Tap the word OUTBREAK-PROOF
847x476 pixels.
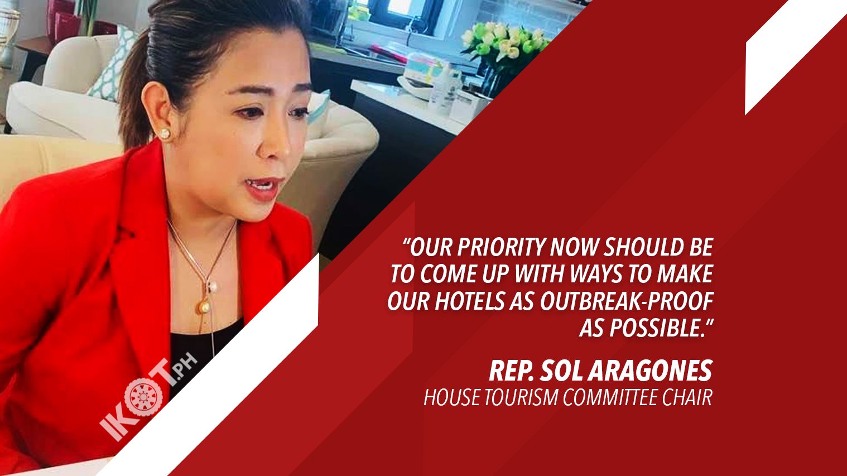[627, 301]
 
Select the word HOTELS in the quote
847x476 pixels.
[470, 301]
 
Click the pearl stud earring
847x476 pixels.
[165, 133]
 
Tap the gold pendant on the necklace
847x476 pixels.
[204, 307]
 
